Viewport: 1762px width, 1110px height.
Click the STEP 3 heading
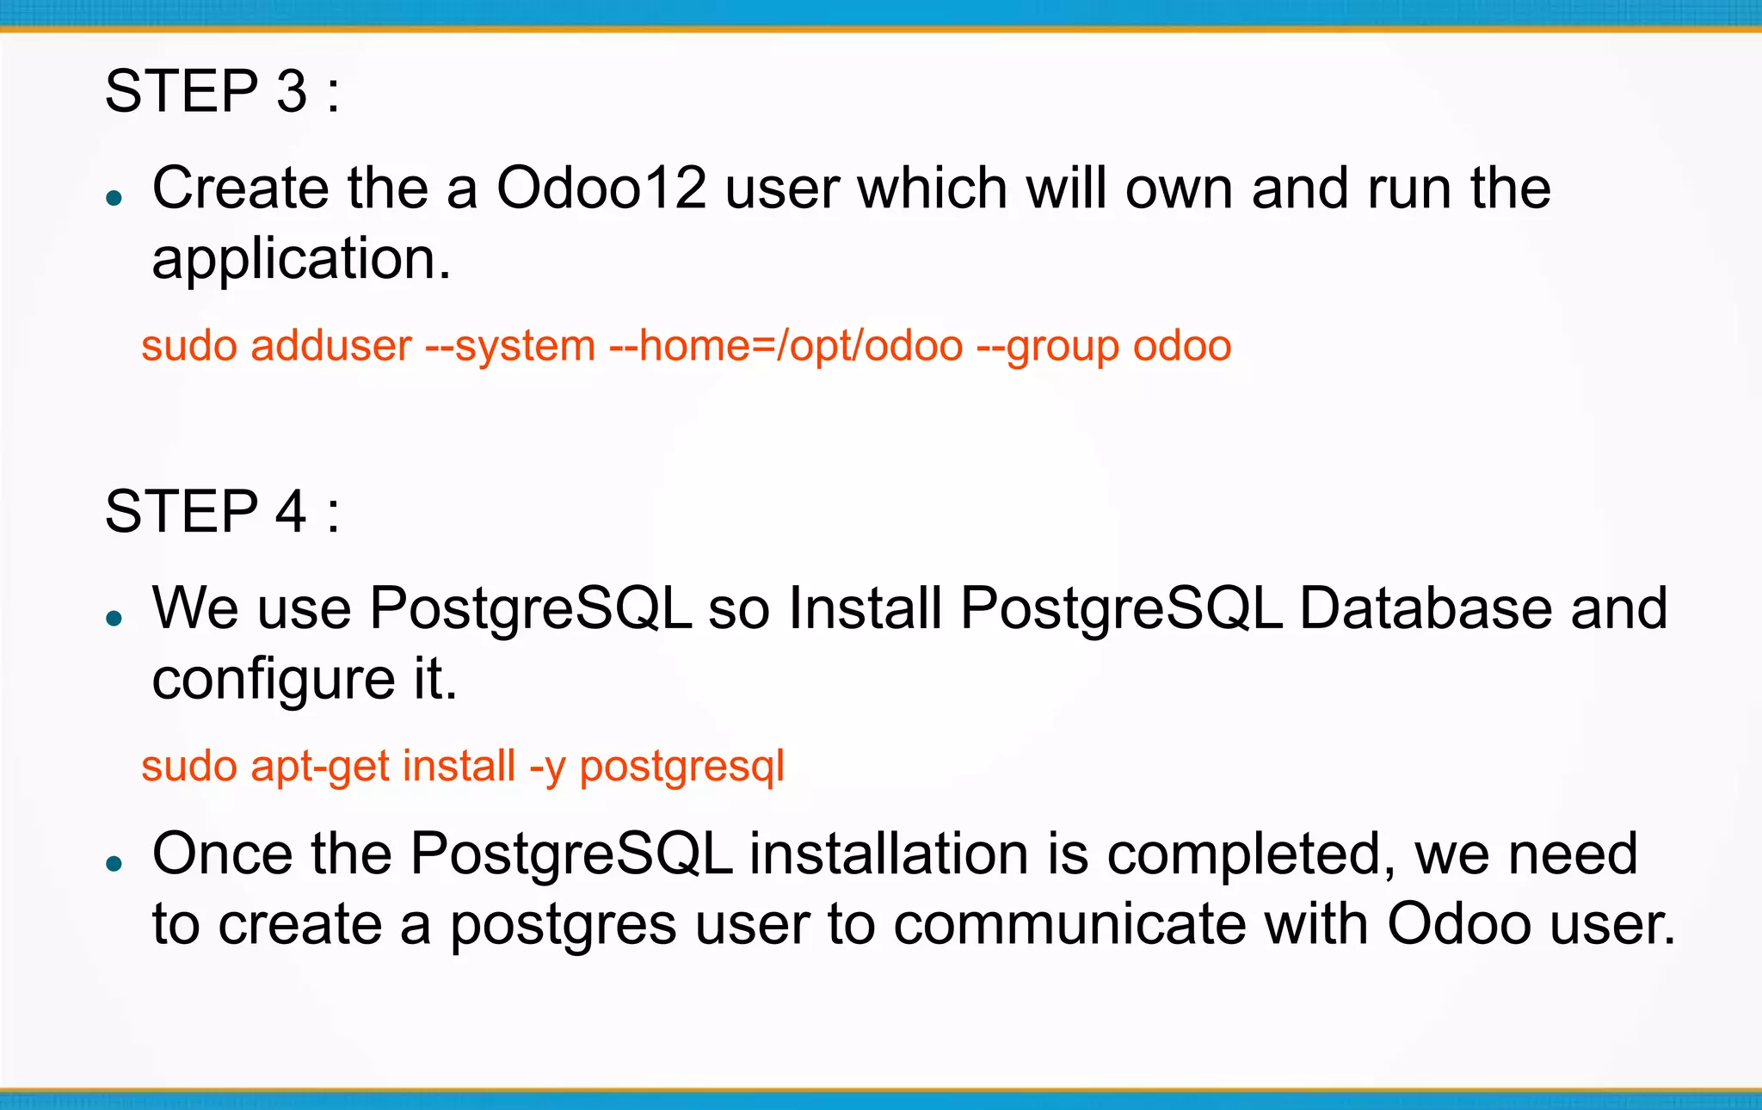[x=222, y=91]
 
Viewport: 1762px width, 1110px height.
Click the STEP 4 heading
[x=222, y=512]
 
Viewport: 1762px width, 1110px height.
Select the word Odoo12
[x=601, y=188]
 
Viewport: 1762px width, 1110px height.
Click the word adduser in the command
[x=331, y=347]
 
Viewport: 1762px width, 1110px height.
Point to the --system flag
[x=510, y=347]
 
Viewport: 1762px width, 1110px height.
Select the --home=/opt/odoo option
[x=786, y=347]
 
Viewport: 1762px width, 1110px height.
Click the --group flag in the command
[x=1047, y=347]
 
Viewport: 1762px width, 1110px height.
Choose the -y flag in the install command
[x=547, y=767]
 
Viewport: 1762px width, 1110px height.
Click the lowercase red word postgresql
[x=681, y=767]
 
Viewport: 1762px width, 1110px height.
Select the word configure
[x=274, y=680]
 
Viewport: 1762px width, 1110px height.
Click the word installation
[x=889, y=854]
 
